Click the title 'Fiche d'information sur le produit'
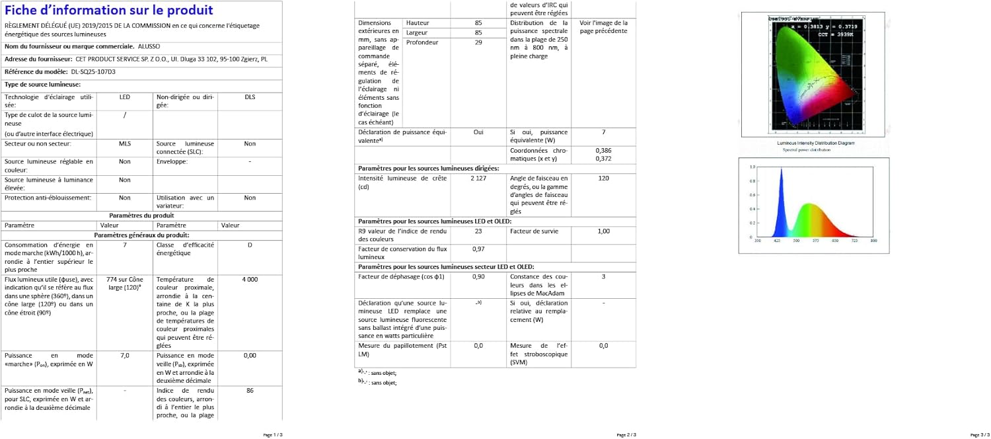click(x=109, y=11)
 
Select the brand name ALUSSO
click(x=149, y=46)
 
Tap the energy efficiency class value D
click(x=250, y=245)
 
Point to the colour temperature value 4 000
click(x=250, y=280)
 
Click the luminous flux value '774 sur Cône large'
click(x=125, y=284)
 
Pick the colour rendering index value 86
click(x=250, y=391)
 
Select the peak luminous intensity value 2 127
click(x=478, y=179)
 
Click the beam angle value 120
click(x=603, y=179)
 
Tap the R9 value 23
click(x=478, y=231)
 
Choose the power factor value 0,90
click(x=478, y=276)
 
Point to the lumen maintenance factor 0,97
click(x=478, y=249)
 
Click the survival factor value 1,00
click(x=603, y=231)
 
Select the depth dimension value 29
click(x=478, y=42)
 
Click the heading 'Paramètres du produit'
click(x=141, y=216)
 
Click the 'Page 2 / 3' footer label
click(x=626, y=434)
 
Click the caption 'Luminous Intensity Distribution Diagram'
click(x=815, y=143)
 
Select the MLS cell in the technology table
click(x=125, y=143)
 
